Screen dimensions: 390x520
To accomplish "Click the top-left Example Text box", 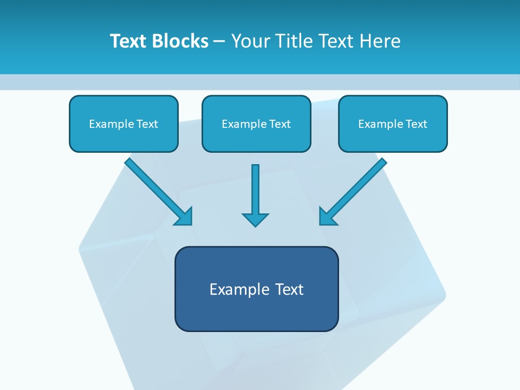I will click(x=123, y=123).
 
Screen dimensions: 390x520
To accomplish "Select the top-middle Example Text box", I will click(x=256, y=123).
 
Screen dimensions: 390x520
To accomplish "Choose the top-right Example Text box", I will click(x=393, y=123).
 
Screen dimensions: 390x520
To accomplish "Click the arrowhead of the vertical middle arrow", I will click(x=255, y=220).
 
